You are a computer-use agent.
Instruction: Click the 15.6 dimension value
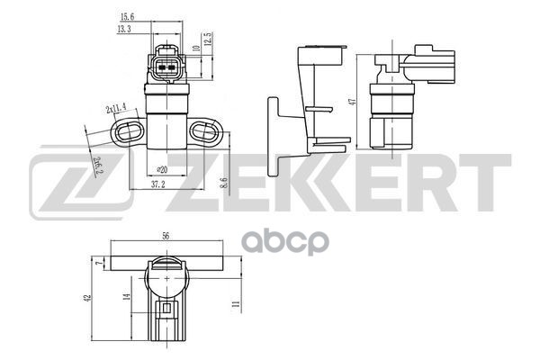[x=127, y=16]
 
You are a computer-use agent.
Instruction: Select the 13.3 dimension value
[x=124, y=29]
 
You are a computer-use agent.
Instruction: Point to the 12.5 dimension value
[x=208, y=39]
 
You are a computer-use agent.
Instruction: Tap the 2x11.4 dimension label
[x=116, y=109]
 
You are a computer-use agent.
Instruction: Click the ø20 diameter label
[x=162, y=169]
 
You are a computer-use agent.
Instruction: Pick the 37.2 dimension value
[x=158, y=185]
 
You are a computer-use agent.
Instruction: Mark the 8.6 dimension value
[x=224, y=183]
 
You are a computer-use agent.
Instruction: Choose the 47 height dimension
[x=352, y=102]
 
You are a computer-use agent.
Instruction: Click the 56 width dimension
[x=166, y=236]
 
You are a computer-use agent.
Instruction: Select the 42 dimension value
[x=87, y=298]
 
